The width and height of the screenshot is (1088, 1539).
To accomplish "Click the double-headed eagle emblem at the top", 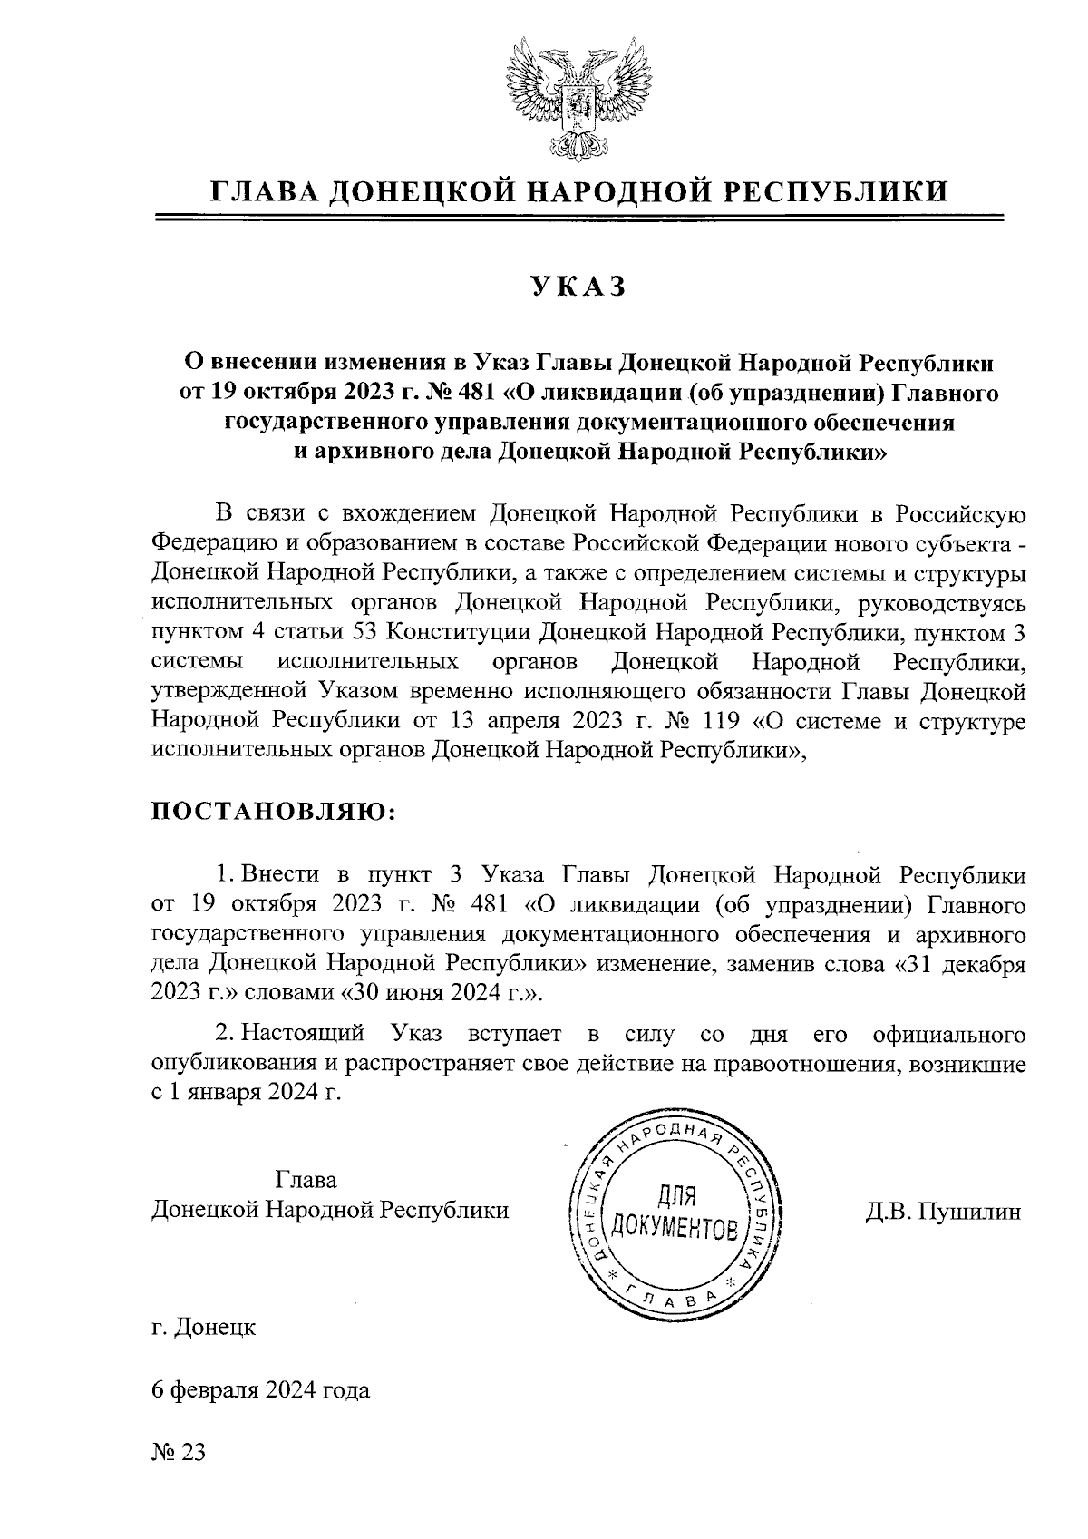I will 578,95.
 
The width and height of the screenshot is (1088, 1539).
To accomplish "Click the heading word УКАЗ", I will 578,287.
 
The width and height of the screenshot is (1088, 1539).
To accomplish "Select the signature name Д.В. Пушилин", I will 943,1212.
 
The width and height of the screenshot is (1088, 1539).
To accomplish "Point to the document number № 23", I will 179,1451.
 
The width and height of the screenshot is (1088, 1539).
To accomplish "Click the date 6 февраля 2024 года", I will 261,1390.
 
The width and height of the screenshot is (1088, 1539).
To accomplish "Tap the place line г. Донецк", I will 203,1328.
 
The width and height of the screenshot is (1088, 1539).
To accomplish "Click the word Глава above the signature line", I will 305,1180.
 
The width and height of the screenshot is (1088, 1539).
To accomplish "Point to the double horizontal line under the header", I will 578,218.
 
